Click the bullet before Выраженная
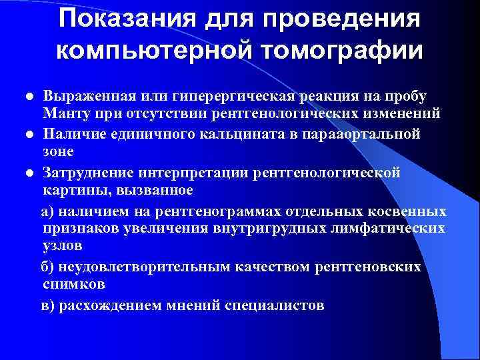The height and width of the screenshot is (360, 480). [x=30, y=97]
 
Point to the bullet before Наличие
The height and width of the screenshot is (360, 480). [x=30, y=135]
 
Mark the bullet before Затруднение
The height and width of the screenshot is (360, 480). [x=30, y=173]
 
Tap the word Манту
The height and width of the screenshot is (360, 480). [x=63, y=114]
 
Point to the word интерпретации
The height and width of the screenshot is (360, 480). [x=184, y=172]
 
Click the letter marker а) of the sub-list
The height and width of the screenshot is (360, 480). [x=49, y=211]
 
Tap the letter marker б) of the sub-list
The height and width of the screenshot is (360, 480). [x=49, y=267]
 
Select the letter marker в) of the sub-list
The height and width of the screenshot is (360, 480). [x=49, y=306]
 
